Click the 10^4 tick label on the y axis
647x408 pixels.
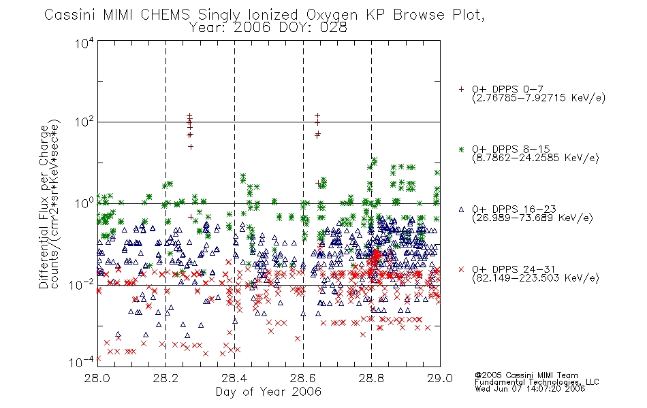pyautogui.click(x=84, y=43)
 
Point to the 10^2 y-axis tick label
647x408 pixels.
pyautogui.click(x=84, y=122)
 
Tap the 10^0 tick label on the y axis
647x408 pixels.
pyautogui.click(x=84, y=203)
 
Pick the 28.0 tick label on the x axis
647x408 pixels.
pyautogui.click(x=97, y=378)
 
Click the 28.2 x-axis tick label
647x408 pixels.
pyautogui.click(x=165, y=378)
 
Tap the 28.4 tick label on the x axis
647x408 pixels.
pyautogui.click(x=234, y=378)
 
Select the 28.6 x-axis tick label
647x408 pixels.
pyautogui.click(x=303, y=378)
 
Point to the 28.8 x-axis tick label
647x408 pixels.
pyautogui.click(x=371, y=378)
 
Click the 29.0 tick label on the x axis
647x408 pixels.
pyautogui.click(x=440, y=378)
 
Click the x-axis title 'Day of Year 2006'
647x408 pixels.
pyautogui.click(x=268, y=392)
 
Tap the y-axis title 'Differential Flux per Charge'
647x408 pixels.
pyautogui.click(x=43, y=207)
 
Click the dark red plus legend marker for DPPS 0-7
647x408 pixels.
pyautogui.click(x=461, y=89)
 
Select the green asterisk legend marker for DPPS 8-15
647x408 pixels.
pyautogui.click(x=461, y=149)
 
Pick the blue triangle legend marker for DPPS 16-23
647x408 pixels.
pyautogui.click(x=461, y=209)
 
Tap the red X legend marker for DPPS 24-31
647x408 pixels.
pyautogui.click(x=461, y=269)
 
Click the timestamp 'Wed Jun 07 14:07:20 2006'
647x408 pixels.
pyautogui.click(x=530, y=388)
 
